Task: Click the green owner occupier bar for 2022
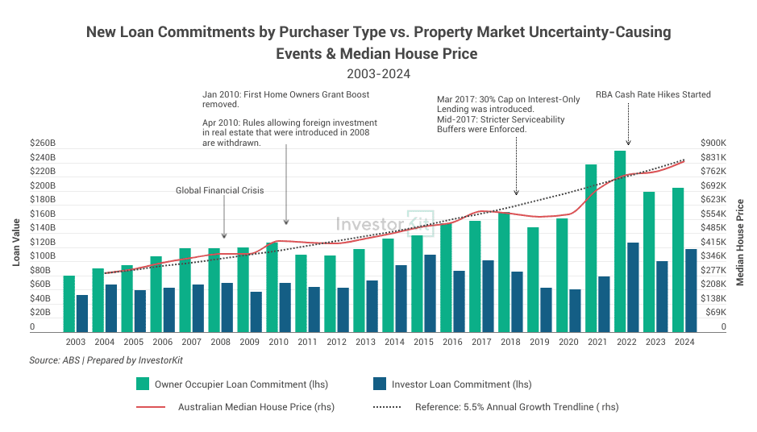tap(620, 242)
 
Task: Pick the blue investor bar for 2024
tap(691, 291)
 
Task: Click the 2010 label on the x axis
tap(278, 342)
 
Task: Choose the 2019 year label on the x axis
tap(539, 342)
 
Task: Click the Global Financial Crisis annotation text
tap(220, 190)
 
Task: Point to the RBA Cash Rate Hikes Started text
tap(653, 94)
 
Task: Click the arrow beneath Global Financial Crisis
tap(225, 216)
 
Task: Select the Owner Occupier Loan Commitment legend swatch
tap(143, 384)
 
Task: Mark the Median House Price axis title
tap(740, 242)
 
